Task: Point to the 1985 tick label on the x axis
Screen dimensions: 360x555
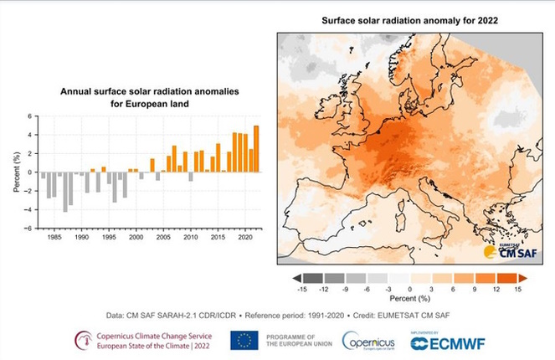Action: point(54,237)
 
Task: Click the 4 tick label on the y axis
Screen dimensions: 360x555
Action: point(31,135)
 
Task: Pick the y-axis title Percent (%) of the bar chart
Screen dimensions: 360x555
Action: point(17,172)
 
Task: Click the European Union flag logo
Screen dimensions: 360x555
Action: point(244,339)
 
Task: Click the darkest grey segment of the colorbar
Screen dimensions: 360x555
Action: point(312,276)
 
